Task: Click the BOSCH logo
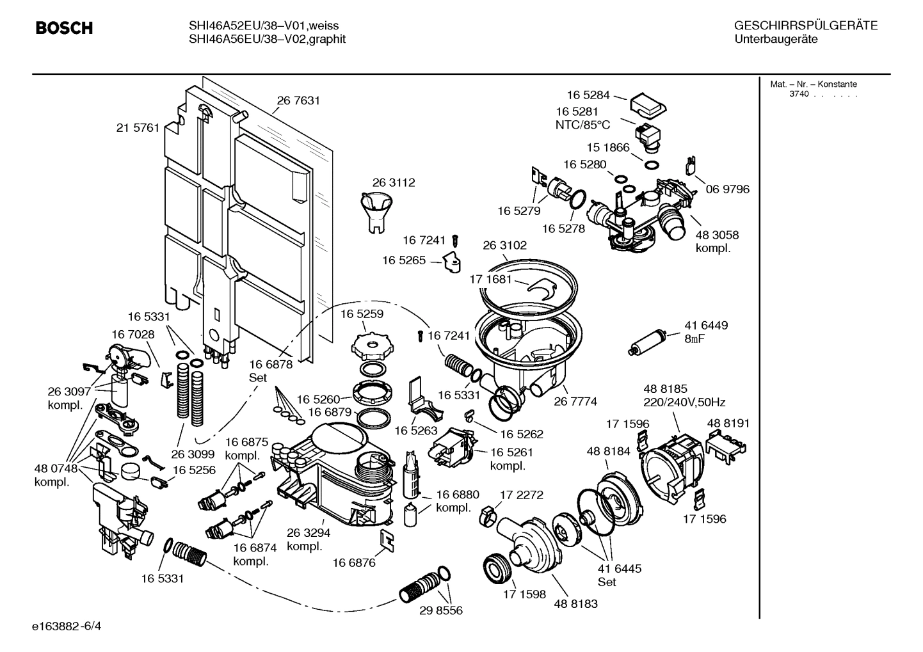click(64, 28)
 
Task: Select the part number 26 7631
click(298, 100)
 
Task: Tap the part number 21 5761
click(138, 128)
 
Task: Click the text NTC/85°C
click(582, 125)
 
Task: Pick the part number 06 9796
click(727, 189)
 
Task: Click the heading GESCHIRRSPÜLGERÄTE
click(805, 26)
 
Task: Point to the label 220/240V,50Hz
click(684, 402)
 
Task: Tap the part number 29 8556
click(440, 610)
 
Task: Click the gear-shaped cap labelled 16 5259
click(371, 346)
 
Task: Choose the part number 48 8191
click(728, 423)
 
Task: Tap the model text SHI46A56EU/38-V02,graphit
click(267, 39)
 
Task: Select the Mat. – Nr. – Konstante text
click(813, 84)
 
